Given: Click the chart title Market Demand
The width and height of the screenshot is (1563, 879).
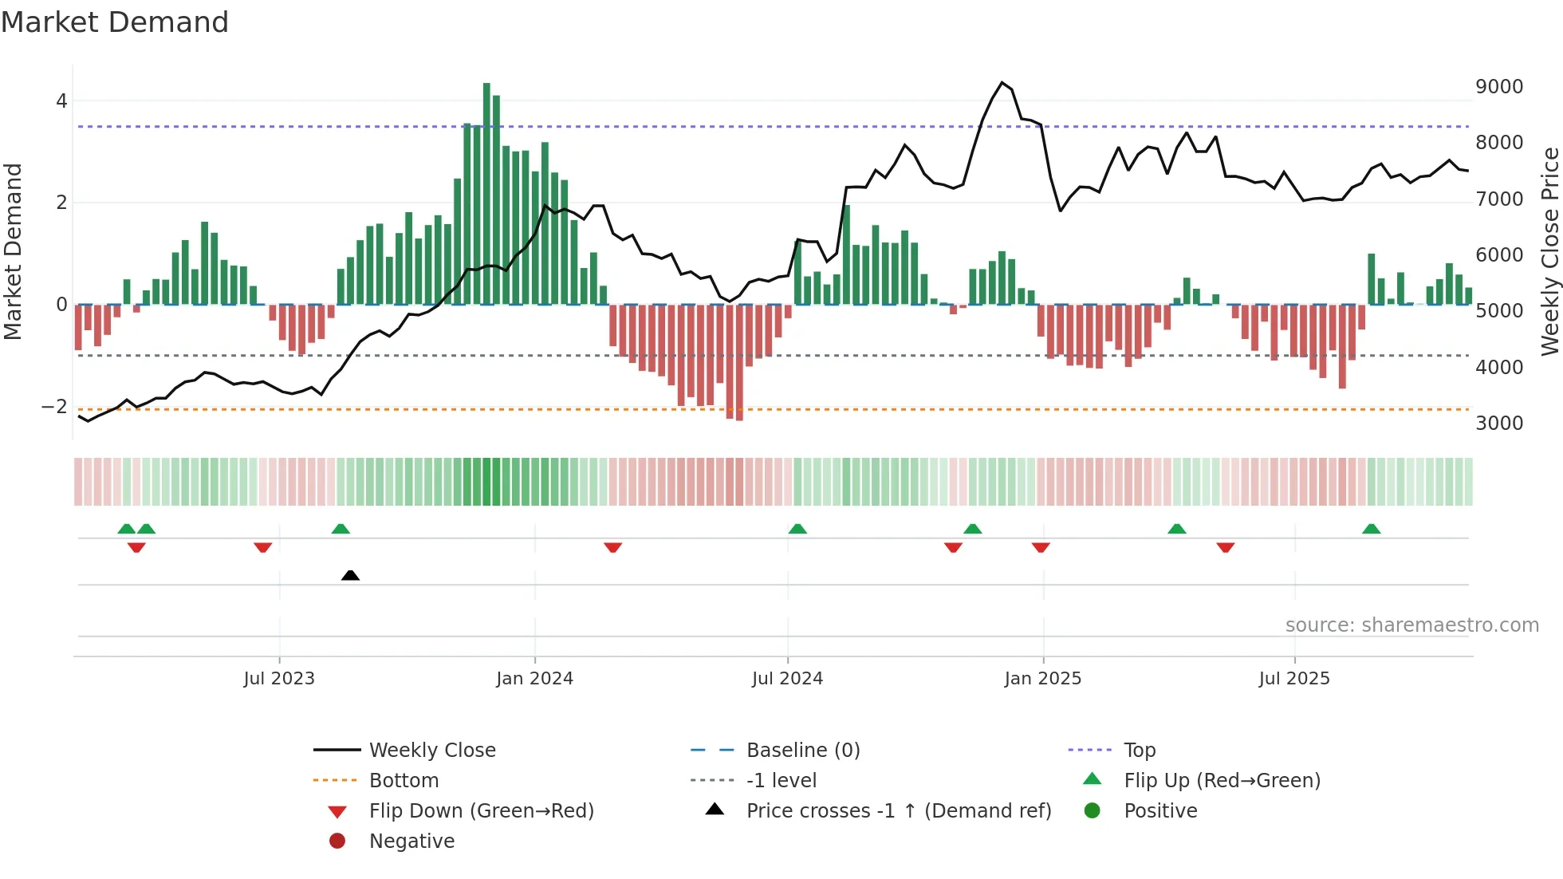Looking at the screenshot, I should click(x=115, y=22).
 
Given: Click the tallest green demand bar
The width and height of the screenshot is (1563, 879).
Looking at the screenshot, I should click(x=486, y=191).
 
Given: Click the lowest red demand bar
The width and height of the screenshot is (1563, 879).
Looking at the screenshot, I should click(x=739, y=363).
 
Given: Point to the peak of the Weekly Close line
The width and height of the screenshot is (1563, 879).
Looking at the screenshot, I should click(x=1002, y=83).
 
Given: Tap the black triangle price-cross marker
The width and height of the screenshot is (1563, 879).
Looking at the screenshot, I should click(x=350, y=575).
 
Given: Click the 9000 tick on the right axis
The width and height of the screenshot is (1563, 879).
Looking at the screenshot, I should click(x=1498, y=86).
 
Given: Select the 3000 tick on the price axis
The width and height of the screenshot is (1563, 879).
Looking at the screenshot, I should click(x=1498, y=423).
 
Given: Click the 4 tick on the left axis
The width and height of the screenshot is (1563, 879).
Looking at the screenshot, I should click(x=61, y=101).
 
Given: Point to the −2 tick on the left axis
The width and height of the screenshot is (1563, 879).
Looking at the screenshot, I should click(x=55, y=406).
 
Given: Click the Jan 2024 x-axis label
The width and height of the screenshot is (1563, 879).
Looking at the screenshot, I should click(x=534, y=678).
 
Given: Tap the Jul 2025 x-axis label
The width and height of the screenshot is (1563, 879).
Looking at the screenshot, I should click(x=1294, y=678).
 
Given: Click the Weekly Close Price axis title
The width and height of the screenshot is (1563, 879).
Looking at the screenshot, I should click(x=1549, y=251).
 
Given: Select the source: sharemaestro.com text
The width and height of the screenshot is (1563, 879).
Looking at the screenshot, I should click(x=1411, y=625).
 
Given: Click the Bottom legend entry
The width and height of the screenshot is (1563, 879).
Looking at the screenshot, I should click(x=404, y=780).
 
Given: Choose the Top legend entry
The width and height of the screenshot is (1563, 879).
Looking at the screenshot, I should click(x=1140, y=750).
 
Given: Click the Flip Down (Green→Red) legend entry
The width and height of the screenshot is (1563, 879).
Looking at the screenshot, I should click(x=481, y=810).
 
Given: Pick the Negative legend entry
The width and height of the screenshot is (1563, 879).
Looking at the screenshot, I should click(x=411, y=841).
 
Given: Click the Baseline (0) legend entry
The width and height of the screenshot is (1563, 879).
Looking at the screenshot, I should click(x=802, y=750).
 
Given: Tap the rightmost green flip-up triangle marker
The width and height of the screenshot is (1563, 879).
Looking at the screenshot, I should click(x=1371, y=529).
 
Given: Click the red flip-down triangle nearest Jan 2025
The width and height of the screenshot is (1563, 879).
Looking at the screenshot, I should click(x=1041, y=547).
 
